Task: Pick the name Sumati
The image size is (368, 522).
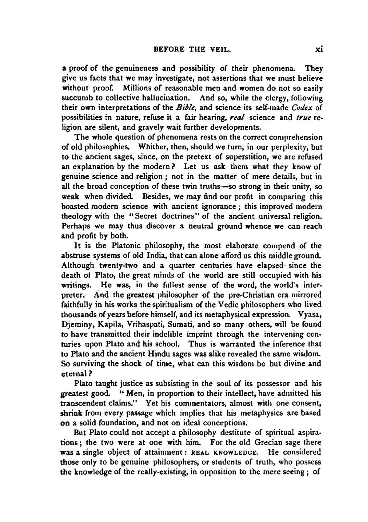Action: point(183,324)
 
